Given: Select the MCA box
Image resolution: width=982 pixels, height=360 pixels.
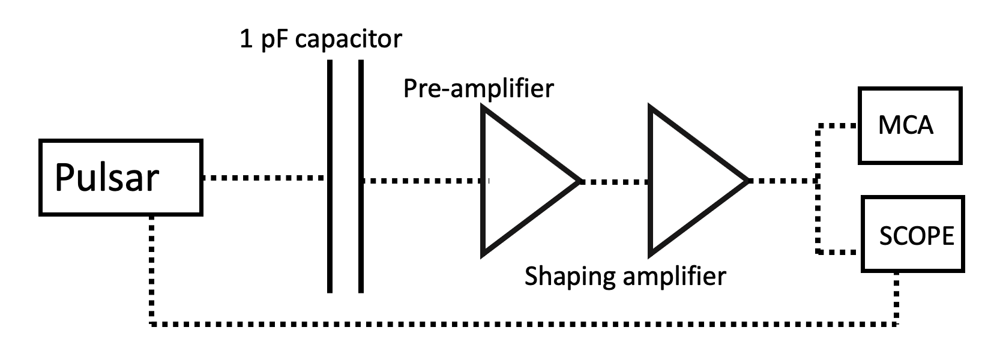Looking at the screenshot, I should (910, 125).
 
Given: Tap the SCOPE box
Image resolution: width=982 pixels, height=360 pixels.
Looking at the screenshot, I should (912, 233).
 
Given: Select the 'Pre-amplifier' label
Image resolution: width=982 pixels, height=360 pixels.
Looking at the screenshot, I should (478, 88).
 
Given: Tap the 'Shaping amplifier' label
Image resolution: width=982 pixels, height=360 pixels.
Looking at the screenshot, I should (625, 277).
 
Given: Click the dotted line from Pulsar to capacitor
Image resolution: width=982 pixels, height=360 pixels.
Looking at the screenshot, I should (264, 178).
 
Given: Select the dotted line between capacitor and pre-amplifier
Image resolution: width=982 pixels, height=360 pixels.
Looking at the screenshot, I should (423, 179).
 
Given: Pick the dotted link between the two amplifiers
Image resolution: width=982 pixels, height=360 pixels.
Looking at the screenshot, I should (614, 181).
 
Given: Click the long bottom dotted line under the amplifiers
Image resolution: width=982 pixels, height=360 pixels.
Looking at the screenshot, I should (522, 324).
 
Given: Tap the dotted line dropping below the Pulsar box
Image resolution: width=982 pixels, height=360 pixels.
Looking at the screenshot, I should (151, 270).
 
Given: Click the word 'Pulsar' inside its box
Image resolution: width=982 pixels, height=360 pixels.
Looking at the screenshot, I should (107, 178).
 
